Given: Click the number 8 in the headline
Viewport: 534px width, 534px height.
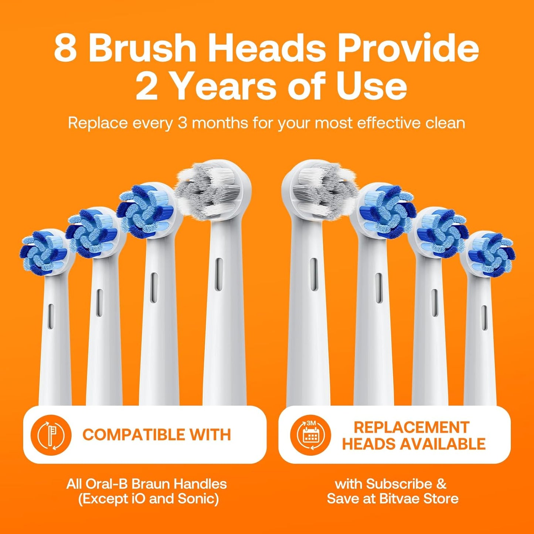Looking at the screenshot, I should click(x=66, y=49).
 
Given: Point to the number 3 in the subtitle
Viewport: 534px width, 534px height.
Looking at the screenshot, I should click(x=182, y=123).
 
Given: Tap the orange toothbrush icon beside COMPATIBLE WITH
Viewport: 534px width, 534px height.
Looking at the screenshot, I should click(x=51, y=435).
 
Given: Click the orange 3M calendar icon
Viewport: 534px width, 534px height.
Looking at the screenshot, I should click(x=310, y=435).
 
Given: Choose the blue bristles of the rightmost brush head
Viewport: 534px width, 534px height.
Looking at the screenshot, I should click(x=491, y=254).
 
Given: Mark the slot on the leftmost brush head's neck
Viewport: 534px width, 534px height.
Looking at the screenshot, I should click(x=51, y=316).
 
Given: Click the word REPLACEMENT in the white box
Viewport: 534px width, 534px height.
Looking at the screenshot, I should click(x=412, y=427).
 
